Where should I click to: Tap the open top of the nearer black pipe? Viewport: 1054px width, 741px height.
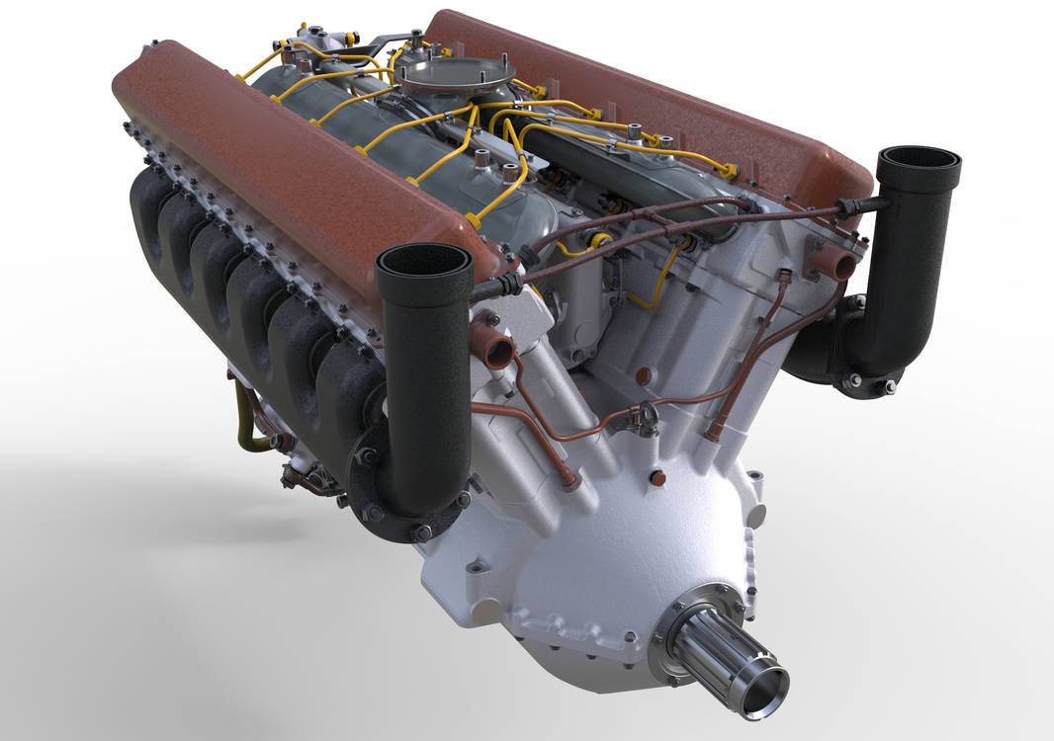click(423, 259)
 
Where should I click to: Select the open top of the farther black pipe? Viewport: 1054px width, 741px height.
click(919, 158)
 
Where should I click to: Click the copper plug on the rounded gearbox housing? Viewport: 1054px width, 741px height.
click(658, 478)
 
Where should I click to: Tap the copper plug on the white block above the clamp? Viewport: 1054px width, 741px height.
click(643, 376)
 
